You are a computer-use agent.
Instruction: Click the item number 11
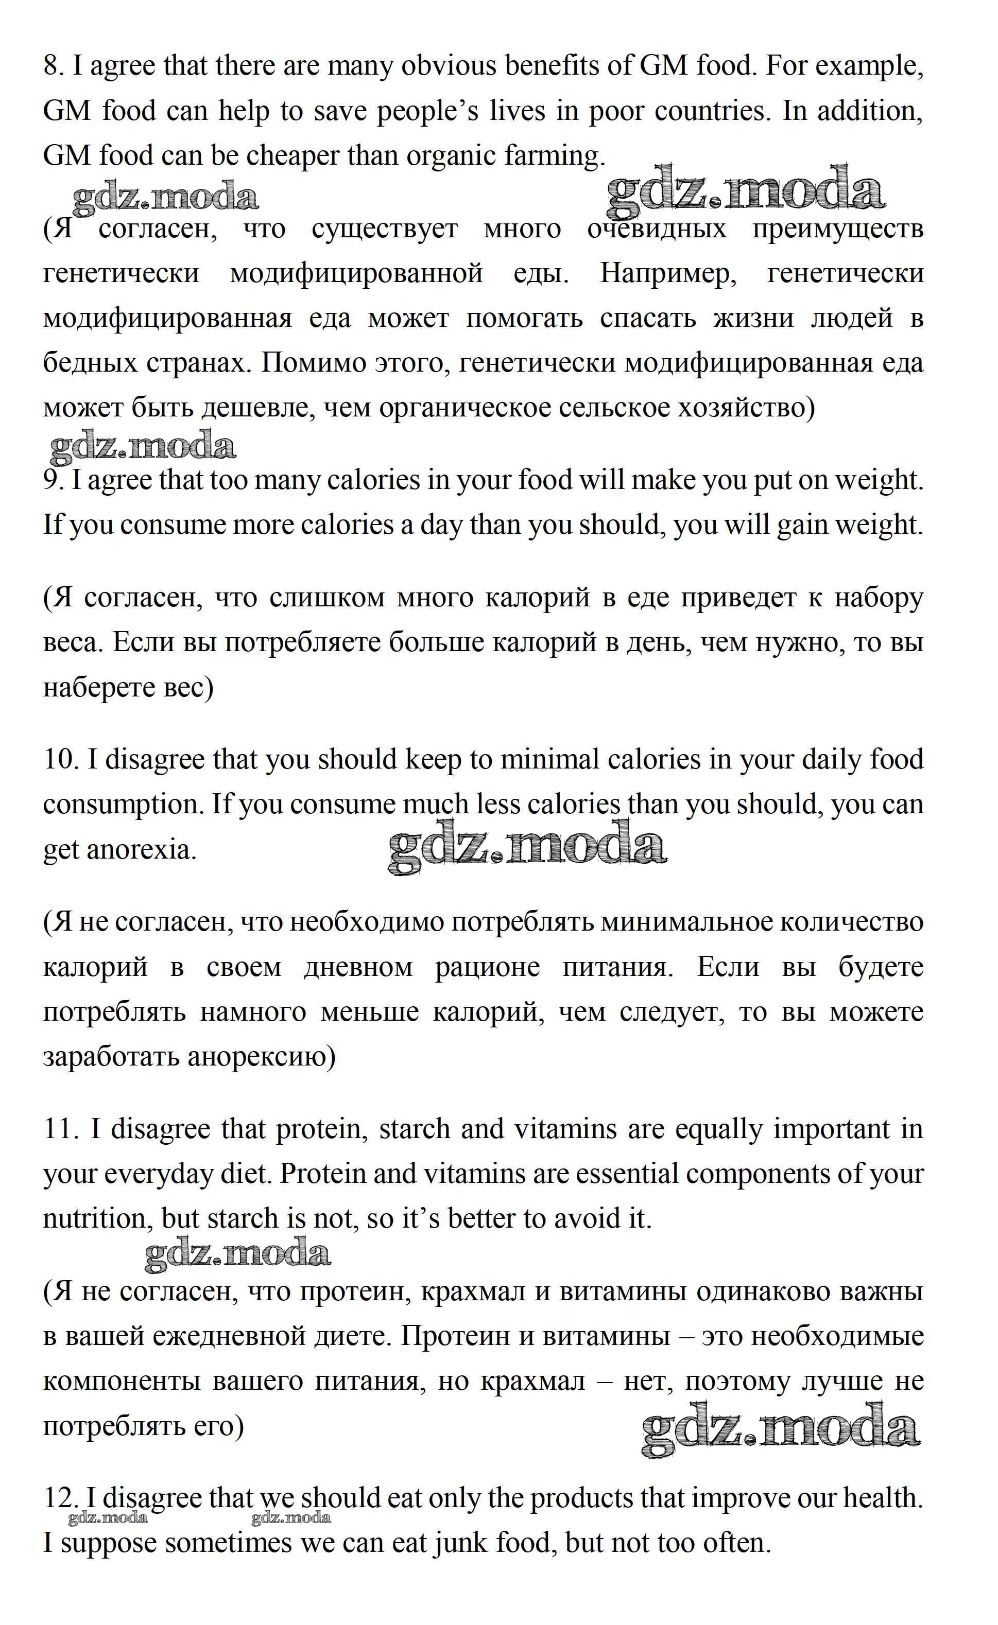click(61, 1129)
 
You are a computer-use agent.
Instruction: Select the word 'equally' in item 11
click(719, 1129)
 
